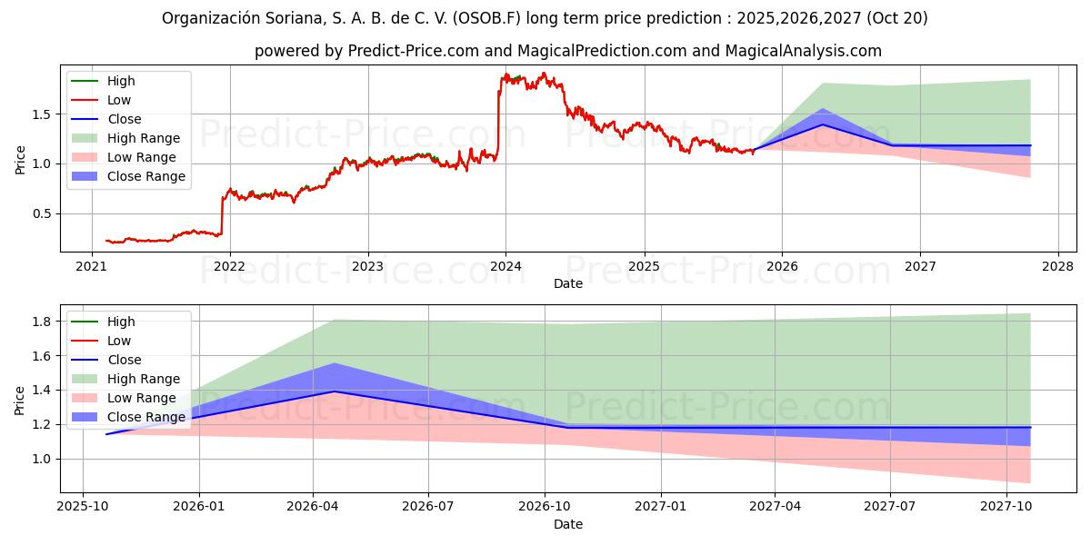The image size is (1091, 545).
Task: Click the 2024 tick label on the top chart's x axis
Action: pos(505,266)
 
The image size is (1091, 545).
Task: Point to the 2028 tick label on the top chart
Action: pos(1057,266)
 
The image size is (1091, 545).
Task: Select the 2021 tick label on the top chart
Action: pos(91,266)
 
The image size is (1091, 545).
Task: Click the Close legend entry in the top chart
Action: pos(124,119)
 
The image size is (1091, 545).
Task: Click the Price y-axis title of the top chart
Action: pos(21,160)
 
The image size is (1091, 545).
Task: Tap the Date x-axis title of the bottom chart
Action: pos(568,524)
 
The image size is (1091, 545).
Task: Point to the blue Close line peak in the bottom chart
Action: pos(334,391)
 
